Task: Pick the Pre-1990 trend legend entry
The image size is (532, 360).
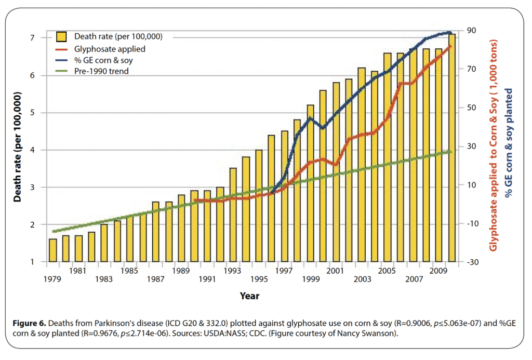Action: click(101, 71)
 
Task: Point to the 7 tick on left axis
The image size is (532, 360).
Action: click(32, 38)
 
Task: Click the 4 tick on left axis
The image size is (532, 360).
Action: click(32, 150)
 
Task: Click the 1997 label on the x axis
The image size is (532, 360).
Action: click(283, 271)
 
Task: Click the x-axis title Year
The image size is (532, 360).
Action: click(249, 296)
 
